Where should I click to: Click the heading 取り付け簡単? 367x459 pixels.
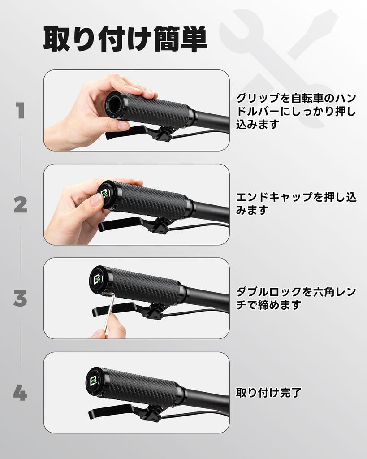point(125,39)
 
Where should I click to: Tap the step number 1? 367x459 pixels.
point(20,111)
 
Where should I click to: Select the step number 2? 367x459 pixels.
point(20,205)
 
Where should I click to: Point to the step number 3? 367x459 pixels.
point(20,299)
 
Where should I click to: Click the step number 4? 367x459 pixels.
point(20,393)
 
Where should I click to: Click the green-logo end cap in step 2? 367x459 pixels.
point(106,195)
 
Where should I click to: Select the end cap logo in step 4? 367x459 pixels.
point(95,380)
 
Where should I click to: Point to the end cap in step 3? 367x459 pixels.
point(98,280)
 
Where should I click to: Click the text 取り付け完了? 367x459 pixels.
point(268,393)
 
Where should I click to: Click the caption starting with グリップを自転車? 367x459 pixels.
point(296,111)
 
